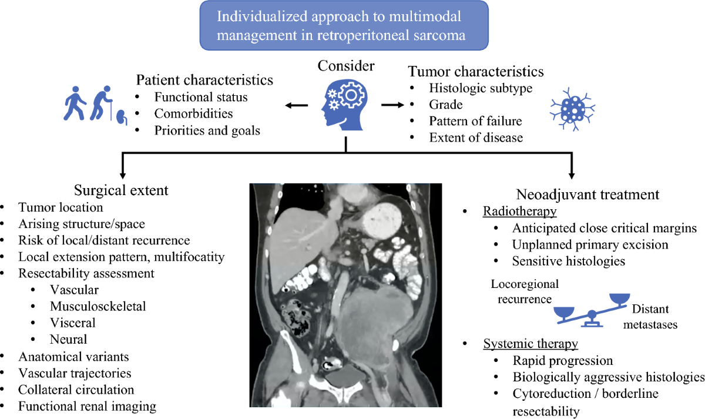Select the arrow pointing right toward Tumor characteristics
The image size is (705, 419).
[x=392, y=105]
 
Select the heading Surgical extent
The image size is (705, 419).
[x=121, y=190]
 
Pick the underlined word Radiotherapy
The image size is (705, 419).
[x=520, y=211]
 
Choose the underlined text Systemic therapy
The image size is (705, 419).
[x=531, y=344]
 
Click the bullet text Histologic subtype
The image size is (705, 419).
[x=481, y=89]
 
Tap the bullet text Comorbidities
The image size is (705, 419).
[x=193, y=113]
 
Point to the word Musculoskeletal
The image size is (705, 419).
[x=98, y=306]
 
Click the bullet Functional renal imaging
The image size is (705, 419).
[x=88, y=406]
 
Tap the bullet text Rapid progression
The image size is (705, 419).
[x=562, y=360]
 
